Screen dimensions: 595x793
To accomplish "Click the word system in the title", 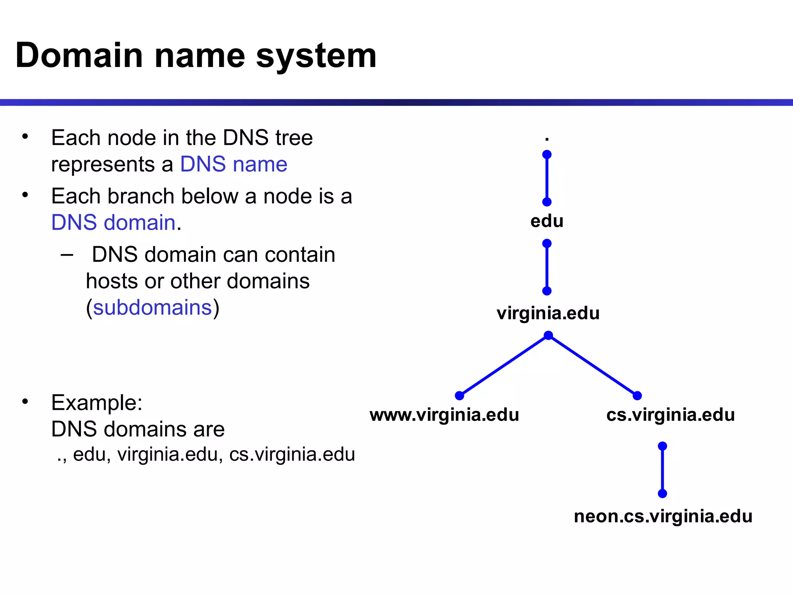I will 316,57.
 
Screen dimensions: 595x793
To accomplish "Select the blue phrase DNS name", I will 233,164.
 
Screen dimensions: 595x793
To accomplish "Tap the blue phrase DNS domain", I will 113,222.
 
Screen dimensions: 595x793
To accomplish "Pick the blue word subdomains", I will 152,308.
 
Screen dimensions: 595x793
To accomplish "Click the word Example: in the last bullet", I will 97,402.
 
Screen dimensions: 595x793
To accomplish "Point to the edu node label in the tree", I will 547,221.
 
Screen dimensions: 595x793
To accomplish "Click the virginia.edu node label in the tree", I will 548,313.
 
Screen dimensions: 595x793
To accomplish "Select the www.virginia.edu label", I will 444,415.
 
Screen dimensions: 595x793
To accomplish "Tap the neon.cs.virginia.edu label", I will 663,516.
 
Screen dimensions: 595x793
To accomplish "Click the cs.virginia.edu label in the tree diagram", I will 670,415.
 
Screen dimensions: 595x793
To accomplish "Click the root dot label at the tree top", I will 547,139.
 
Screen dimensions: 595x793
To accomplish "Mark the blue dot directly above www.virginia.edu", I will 460,396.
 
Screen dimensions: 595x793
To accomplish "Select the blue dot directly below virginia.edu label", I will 548,335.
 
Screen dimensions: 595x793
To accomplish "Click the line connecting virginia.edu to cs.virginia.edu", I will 593,366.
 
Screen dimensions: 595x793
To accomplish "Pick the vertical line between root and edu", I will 547,178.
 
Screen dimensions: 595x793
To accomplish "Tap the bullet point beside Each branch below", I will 25,195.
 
